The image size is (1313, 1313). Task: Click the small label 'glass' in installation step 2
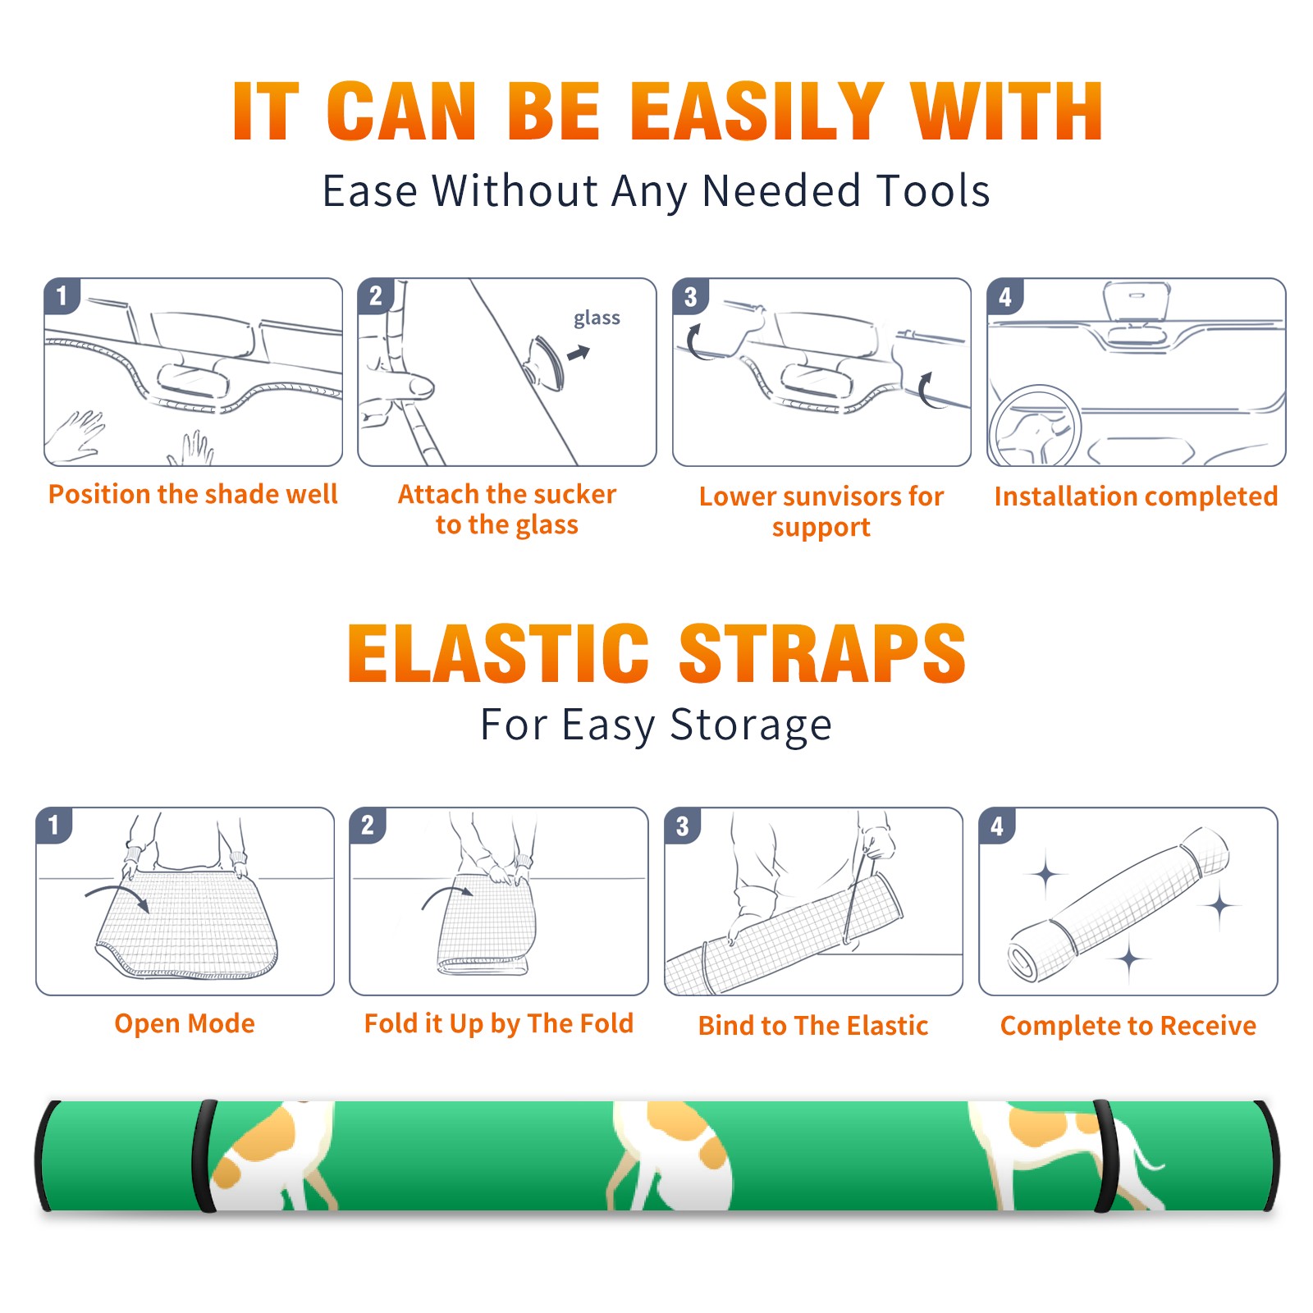point(597,318)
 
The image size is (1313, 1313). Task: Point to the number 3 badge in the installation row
point(690,296)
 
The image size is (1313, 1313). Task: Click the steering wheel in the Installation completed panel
point(1035,425)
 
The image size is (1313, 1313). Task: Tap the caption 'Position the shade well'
point(193,494)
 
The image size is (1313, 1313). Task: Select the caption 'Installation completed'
point(1136,496)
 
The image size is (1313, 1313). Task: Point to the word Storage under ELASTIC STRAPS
point(751,725)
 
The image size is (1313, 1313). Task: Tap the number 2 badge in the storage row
point(368,825)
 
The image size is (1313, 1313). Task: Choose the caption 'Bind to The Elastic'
point(813,1025)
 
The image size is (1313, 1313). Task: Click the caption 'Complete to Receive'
point(1128,1025)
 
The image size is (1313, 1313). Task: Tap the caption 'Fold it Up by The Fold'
point(499,1023)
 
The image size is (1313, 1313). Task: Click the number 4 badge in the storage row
point(997,826)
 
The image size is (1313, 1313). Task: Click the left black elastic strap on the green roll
point(204,1155)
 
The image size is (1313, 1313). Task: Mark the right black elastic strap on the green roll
point(1105,1155)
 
